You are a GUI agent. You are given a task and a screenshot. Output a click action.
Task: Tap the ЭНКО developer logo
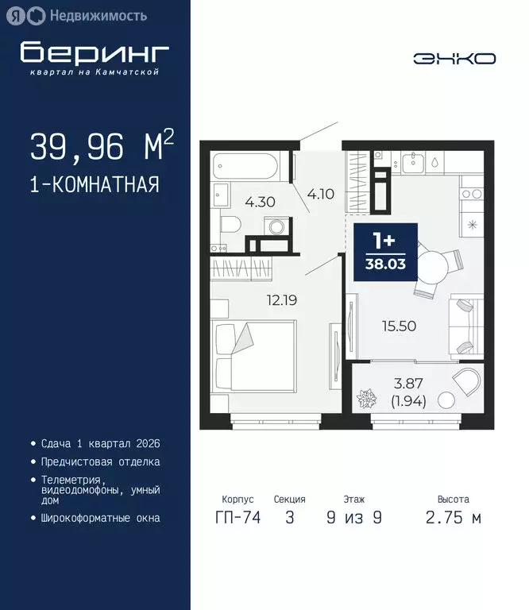(x=454, y=58)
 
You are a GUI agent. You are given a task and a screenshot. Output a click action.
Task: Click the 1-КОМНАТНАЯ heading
(x=95, y=184)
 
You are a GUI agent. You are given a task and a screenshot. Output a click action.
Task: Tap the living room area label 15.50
(x=398, y=326)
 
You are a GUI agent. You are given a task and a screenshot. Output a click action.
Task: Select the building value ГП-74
(x=237, y=518)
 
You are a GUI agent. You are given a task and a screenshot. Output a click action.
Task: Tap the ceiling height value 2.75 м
(x=453, y=518)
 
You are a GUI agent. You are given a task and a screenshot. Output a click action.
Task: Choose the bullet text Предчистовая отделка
(x=99, y=461)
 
